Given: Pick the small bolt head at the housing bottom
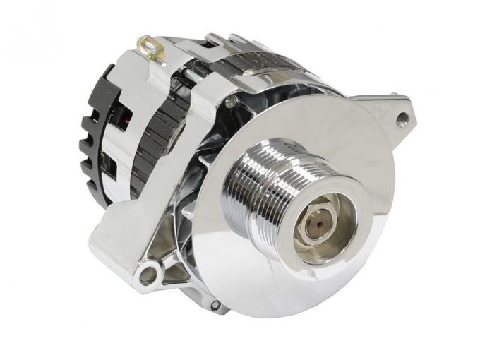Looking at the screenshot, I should (215, 305).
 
